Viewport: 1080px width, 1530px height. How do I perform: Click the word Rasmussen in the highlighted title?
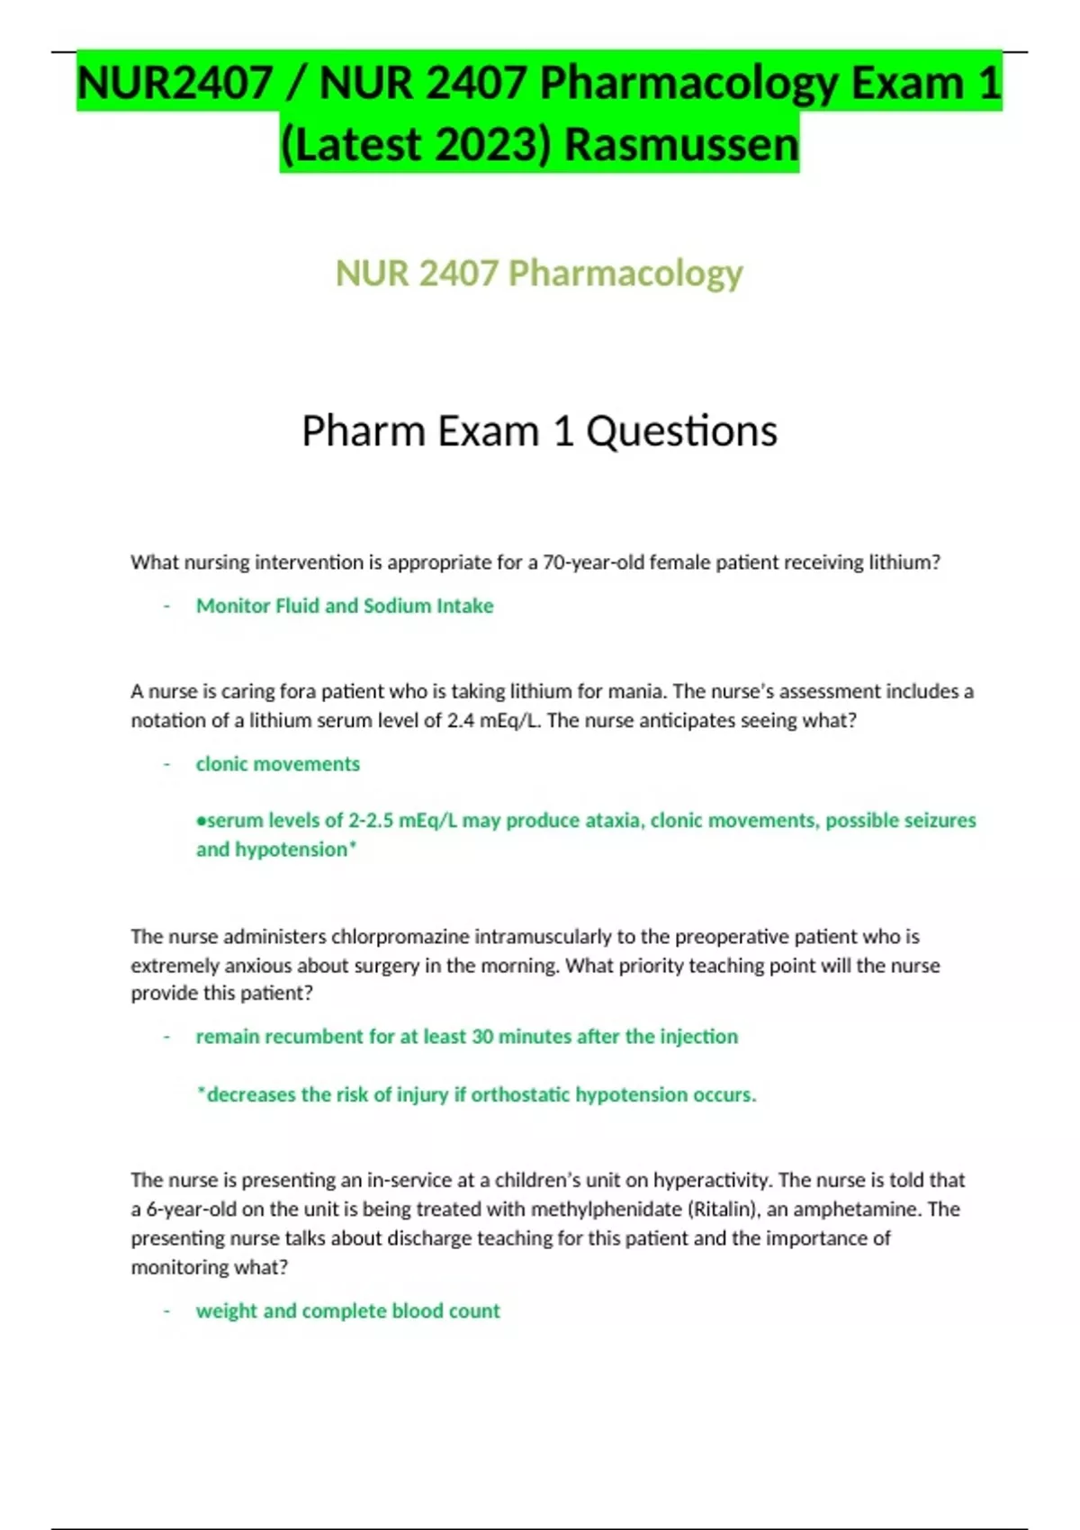coord(681,144)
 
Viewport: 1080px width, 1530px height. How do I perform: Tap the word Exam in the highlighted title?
coord(907,83)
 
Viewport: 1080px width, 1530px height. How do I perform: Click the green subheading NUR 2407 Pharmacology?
coord(539,273)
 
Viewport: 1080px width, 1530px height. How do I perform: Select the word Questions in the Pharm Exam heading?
coord(681,431)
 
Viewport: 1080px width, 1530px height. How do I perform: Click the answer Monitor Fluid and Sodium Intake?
coord(345,606)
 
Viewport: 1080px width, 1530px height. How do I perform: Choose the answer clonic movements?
coord(277,764)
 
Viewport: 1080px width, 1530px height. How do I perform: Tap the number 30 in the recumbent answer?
coord(482,1036)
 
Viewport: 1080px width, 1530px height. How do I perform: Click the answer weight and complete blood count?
coord(347,1310)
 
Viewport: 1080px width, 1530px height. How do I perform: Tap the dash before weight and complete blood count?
coord(166,1310)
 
